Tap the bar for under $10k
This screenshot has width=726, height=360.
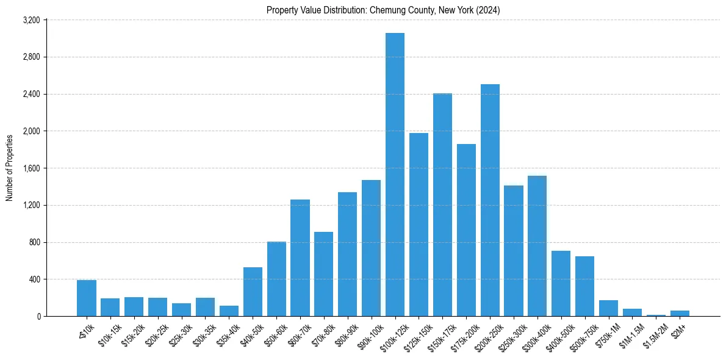[x=87, y=298]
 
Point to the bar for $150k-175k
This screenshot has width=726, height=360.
[x=442, y=205]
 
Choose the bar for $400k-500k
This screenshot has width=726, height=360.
[x=561, y=284]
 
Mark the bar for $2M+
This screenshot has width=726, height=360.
[x=680, y=314]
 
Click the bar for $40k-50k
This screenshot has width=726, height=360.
[x=253, y=292]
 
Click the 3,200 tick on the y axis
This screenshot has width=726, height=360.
[x=31, y=20]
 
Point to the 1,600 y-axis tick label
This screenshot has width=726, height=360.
[x=31, y=168]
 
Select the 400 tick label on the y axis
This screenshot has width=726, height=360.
[x=34, y=279]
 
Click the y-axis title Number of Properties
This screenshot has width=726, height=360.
[x=10, y=168]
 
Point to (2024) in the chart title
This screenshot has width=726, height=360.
[x=488, y=10]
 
